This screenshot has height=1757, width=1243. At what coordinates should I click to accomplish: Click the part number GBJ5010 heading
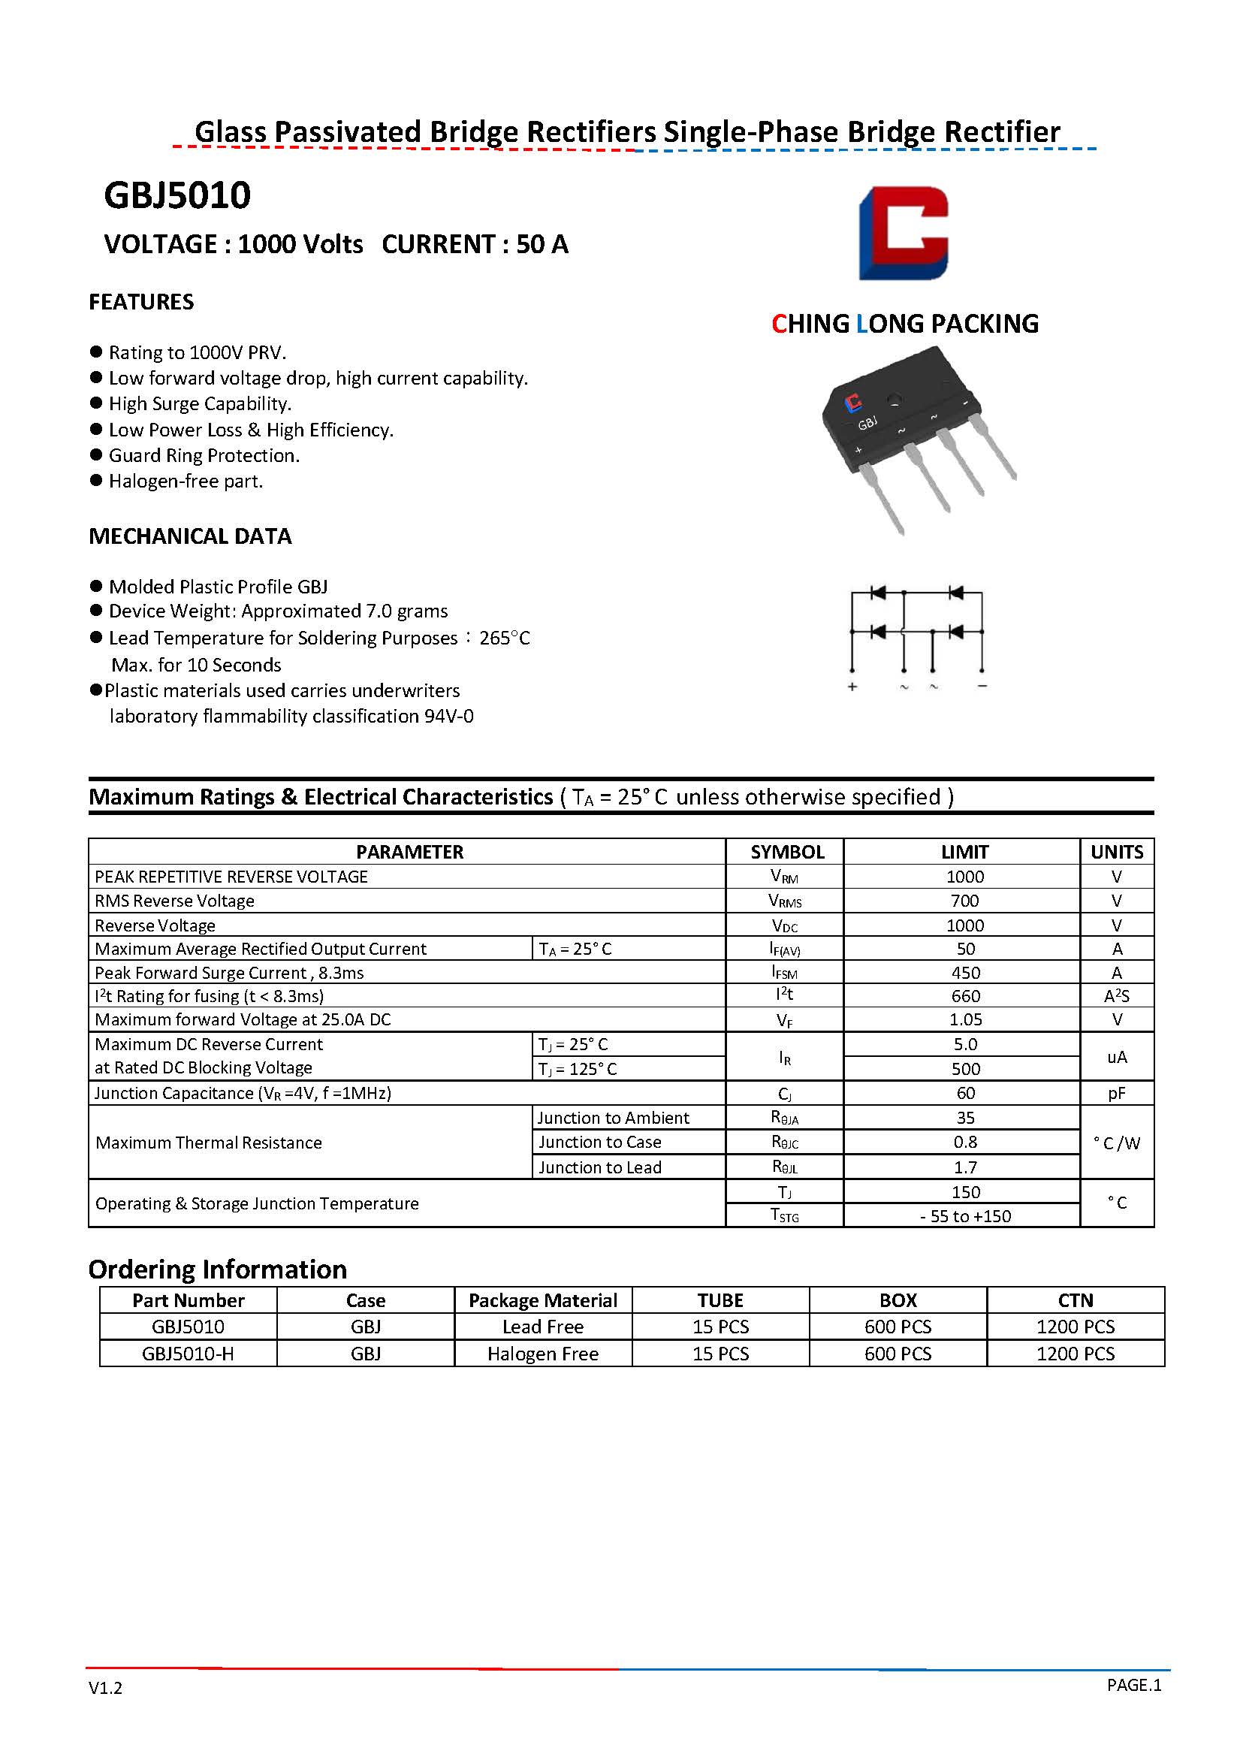pos(176,196)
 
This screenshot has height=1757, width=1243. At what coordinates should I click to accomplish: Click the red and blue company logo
pos(904,233)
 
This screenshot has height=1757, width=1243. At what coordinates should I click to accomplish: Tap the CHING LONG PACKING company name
pos(905,324)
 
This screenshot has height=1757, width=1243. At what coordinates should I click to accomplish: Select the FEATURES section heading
pos(142,302)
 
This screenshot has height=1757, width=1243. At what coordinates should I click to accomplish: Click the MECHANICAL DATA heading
pos(190,536)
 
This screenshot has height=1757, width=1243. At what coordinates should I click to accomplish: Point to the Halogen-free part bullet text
pos(186,482)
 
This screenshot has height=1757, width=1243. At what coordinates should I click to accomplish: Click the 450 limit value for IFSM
pos(965,973)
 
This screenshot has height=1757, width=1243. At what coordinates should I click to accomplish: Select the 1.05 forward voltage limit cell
pos(965,1020)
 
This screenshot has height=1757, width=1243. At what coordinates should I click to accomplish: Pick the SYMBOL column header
pos(787,852)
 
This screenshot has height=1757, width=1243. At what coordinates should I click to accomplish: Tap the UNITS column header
pos(1117,852)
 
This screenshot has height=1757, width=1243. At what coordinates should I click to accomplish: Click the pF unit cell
pos(1117,1093)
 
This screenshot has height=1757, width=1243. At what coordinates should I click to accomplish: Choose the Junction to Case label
pos(599,1143)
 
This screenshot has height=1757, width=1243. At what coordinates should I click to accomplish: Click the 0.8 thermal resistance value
pos(965,1143)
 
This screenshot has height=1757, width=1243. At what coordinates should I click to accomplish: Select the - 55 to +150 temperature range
pos(965,1216)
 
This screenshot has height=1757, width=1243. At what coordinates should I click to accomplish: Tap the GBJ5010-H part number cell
pos(189,1354)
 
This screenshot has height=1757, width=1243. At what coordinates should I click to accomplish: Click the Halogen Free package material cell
pos(543,1354)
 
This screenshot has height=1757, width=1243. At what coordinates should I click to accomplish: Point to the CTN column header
pos(1076,1301)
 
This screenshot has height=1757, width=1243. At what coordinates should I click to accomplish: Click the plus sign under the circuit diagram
pos(852,687)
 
